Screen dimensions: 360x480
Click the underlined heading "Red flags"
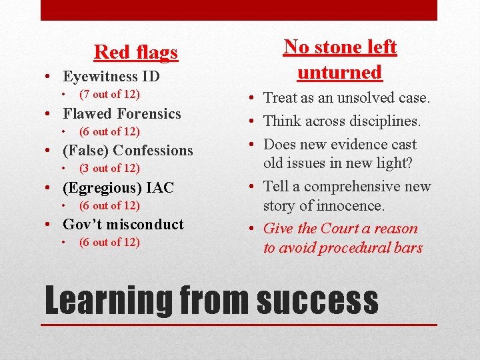tap(136, 52)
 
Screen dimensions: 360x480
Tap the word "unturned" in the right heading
tap(339, 72)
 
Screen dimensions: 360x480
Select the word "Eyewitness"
tap(99, 77)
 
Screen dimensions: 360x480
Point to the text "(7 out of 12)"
tap(109, 95)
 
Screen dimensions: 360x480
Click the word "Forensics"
tap(150, 114)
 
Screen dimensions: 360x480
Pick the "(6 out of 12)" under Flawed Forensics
tap(109, 132)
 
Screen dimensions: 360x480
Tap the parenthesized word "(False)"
tap(87, 151)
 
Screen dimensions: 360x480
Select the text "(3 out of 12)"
tap(109, 169)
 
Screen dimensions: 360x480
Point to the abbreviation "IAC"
tap(160, 188)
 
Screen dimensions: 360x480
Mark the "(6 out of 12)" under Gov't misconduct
tap(109, 243)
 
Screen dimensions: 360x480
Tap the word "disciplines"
tap(383, 121)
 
